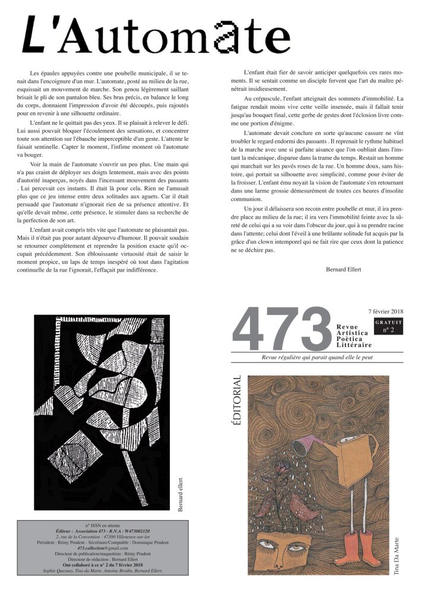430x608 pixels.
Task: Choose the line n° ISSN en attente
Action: pyautogui.click(x=100, y=525)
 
